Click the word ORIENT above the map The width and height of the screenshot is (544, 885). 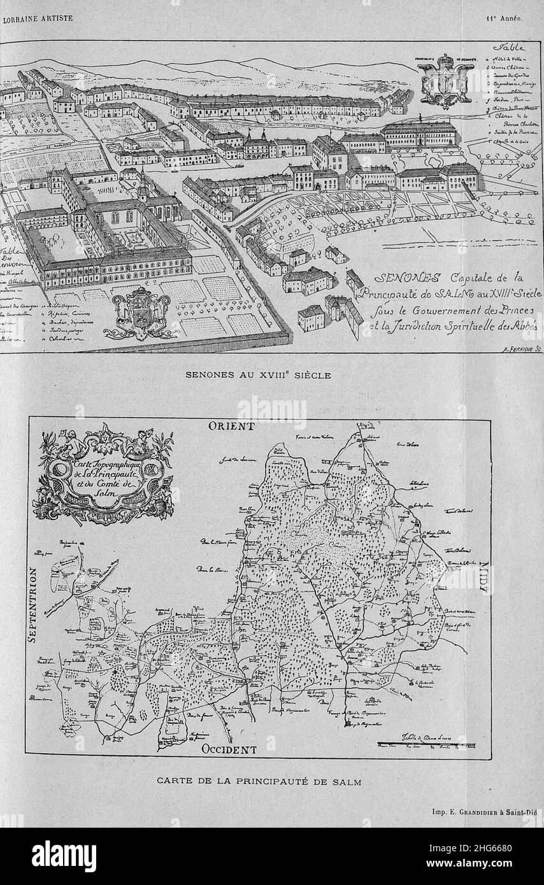click(x=231, y=426)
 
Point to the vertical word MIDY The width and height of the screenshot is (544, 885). click(x=483, y=577)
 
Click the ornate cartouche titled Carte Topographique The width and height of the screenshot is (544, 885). click(x=103, y=474)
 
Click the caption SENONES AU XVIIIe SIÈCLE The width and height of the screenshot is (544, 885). click(x=258, y=375)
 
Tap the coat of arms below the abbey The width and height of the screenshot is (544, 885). click(x=141, y=313)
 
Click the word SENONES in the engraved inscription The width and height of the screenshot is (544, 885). click(x=400, y=278)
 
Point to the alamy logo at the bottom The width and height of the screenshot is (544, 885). click(x=64, y=856)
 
